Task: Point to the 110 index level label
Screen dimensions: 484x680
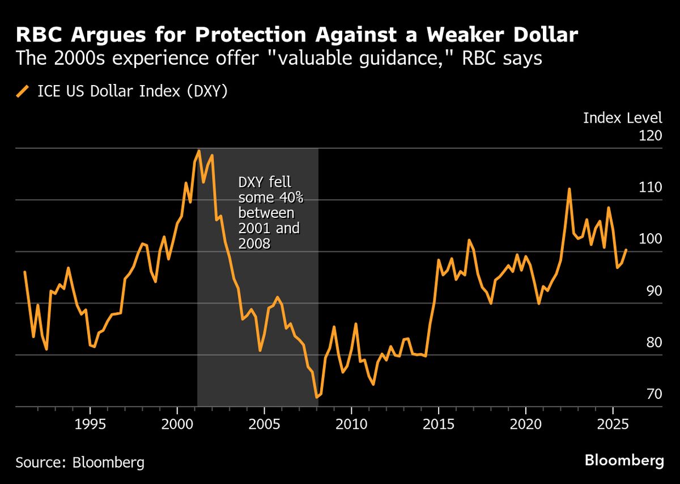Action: [x=650, y=188]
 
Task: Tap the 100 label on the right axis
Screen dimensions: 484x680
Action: [x=650, y=239]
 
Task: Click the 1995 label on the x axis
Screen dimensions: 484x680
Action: [x=90, y=426]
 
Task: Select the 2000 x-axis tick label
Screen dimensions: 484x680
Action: [x=177, y=426]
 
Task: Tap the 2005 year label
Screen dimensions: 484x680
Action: [x=264, y=426]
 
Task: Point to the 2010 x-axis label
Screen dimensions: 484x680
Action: [x=351, y=426]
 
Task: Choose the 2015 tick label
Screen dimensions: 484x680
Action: [x=439, y=426]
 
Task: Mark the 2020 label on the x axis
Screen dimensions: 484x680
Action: [x=525, y=426]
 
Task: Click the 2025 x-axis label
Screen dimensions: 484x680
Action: [x=613, y=426]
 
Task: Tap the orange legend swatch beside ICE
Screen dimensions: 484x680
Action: [x=23, y=91]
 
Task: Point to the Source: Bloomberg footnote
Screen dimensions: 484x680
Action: [x=80, y=462]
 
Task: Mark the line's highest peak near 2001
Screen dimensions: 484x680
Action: [x=199, y=151]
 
